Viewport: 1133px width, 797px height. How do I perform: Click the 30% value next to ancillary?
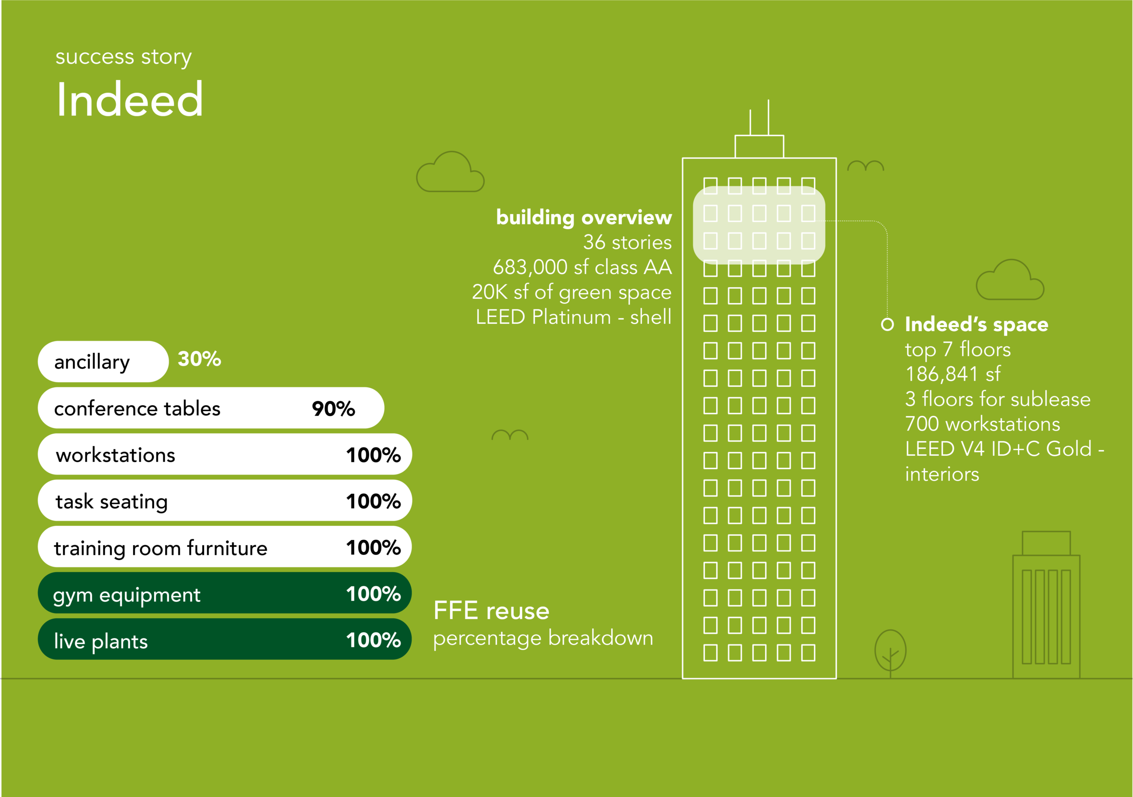point(199,359)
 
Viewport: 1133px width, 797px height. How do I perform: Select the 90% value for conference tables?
point(334,408)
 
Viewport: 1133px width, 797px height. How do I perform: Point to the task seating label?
point(112,502)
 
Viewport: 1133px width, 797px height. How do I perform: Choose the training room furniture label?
point(160,548)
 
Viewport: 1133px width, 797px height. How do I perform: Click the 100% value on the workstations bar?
point(374,455)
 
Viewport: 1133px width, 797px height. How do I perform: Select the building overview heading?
point(584,217)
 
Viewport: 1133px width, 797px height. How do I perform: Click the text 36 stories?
point(627,243)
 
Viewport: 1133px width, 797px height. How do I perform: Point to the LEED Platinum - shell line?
point(574,317)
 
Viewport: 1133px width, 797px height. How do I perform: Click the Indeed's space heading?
point(977,324)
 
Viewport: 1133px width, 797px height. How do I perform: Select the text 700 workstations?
point(983,424)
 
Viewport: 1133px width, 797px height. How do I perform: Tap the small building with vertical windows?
point(1046,605)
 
